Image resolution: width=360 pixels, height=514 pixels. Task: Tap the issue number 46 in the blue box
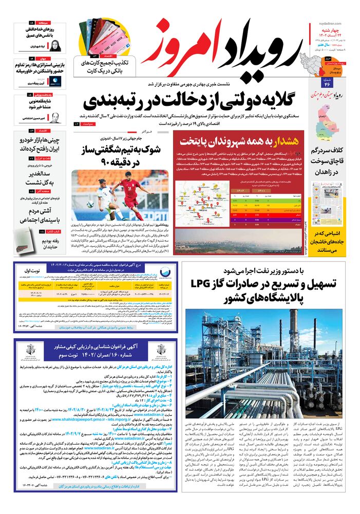coord(327,83)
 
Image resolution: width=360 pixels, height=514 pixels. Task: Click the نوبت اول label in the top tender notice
coord(30,270)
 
